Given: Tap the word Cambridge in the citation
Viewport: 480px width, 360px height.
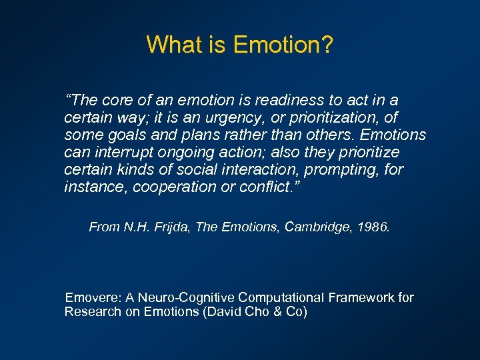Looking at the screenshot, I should (315, 227).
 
